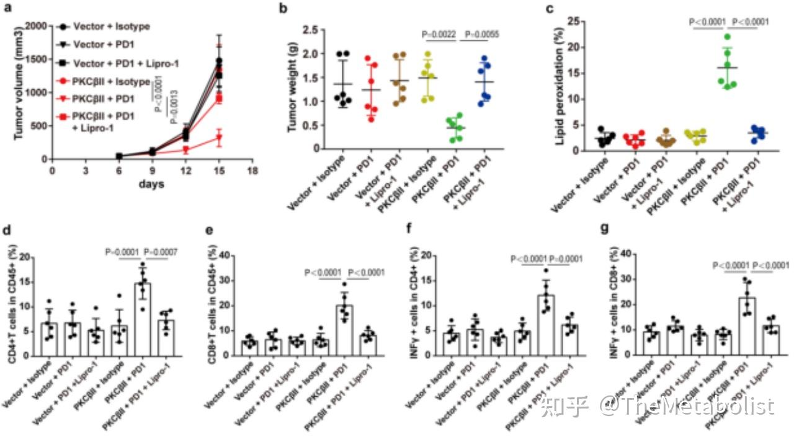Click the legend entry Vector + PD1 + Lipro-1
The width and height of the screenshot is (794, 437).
(110, 63)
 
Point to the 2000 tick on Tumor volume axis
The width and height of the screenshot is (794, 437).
(38, 26)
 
